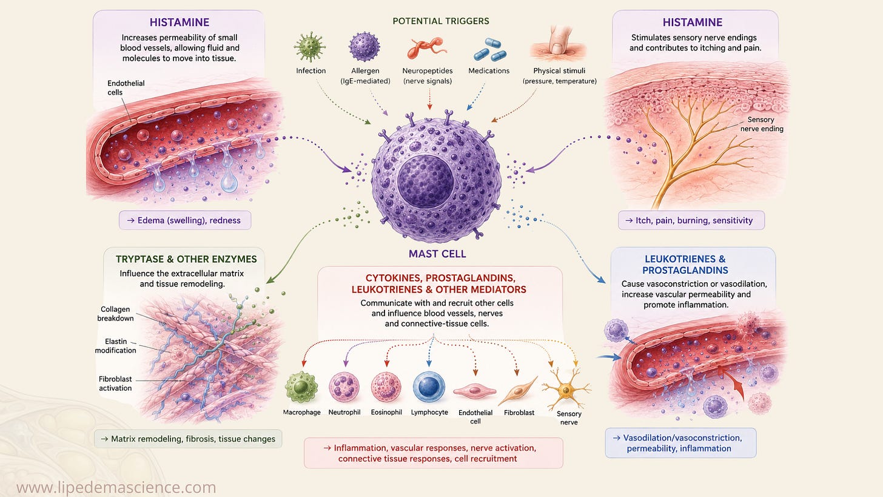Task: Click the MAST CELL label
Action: pos(437,254)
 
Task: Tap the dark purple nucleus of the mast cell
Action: pos(425,181)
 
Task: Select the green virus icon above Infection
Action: pos(310,47)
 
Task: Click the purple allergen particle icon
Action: pos(364,47)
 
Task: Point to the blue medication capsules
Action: pos(490,50)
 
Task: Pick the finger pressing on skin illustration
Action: pos(559,44)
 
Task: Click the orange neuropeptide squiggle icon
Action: pos(426,48)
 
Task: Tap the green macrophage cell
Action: pos(301,387)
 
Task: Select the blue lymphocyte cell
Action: pos(429,387)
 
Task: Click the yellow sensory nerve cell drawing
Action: pos(566,389)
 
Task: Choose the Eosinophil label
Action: pos(386,412)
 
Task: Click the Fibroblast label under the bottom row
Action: pos(519,413)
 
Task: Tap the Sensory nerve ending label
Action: pos(762,124)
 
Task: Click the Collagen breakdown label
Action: pos(115,314)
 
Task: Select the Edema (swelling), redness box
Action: pos(185,220)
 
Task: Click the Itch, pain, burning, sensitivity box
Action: pos(691,220)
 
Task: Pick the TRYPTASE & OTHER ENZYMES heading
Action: pos(186,259)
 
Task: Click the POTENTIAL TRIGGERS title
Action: pos(441,21)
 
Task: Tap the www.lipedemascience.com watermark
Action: pos(116,487)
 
